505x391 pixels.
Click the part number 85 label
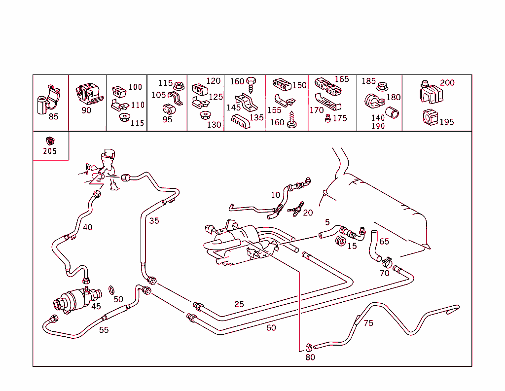click(53, 117)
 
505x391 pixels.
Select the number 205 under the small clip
click(50, 151)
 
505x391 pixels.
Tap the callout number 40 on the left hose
click(87, 227)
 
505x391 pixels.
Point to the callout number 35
click(154, 221)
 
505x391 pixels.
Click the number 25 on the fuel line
click(239, 304)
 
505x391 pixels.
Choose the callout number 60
click(271, 328)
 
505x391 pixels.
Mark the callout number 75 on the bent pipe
click(368, 323)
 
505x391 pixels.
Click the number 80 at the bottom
click(310, 357)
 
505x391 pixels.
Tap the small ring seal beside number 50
click(112, 289)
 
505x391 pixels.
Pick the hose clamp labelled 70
click(386, 260)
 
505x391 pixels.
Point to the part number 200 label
click(447, 83)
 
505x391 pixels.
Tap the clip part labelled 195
click(430, 118)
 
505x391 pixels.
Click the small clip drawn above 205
click(49, 140)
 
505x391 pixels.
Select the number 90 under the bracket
click(86, 110)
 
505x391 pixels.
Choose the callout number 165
click(342, 79)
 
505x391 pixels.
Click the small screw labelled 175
click(327, 118)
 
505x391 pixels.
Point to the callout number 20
click(308, 213)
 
